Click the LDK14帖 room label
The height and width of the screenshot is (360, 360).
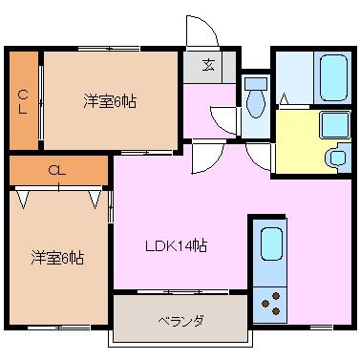(177, 245)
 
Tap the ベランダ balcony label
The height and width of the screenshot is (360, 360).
(180, 321)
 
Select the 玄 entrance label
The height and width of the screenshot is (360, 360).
(208, 66)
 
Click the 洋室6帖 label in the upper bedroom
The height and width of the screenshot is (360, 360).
(110, 102)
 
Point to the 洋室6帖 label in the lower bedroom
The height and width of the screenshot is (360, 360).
(57, 258)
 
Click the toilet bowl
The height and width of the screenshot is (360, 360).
(256, 98)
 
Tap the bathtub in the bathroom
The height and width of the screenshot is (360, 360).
(333, 78)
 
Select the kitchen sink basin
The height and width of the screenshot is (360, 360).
(271, 244)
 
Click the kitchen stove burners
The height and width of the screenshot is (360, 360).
(271, 303)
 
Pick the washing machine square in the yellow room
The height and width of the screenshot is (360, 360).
(335, 124)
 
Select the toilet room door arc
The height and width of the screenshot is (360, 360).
(224, 121)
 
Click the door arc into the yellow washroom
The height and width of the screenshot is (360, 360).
(259, 157)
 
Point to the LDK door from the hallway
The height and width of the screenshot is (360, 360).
(208, 159)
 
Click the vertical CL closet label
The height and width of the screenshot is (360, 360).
(23, 101)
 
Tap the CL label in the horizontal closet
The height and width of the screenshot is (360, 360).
(57, 170)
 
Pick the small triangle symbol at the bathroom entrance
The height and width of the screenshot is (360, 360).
(284, 98)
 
